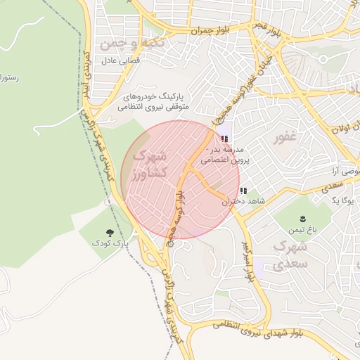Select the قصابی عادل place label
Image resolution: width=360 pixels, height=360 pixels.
[x=121, y=61]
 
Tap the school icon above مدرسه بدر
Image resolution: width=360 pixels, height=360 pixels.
[x=224, y=139]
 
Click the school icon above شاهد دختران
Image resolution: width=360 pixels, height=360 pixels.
[x=243, y=191]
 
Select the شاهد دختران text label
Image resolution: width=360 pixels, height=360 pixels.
[x=236, y=201]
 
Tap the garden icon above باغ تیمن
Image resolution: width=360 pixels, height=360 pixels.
[x=303, y=219]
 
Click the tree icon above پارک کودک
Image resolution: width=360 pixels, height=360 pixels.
[x=109, y=231]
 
